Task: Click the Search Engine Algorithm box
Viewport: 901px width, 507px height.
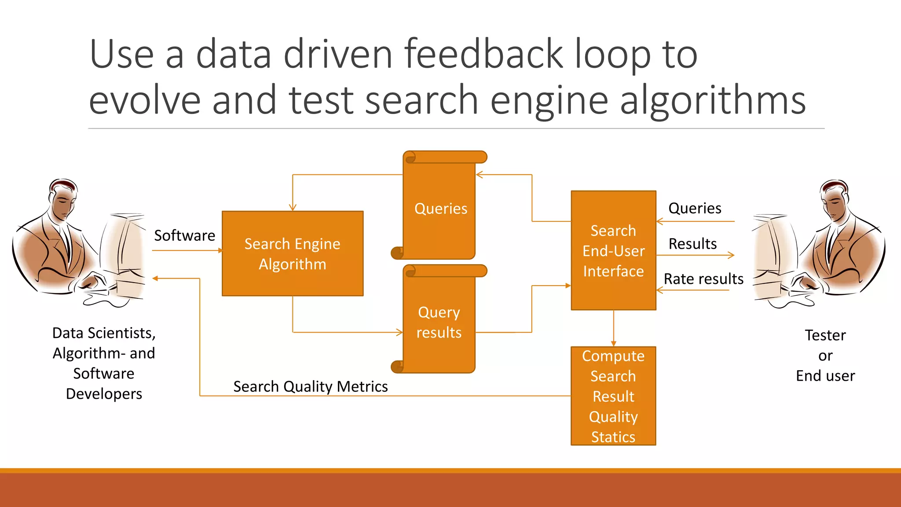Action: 293,253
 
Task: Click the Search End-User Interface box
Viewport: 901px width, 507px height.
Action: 613,250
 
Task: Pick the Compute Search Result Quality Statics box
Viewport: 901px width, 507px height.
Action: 613,396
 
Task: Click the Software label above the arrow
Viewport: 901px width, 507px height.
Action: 184,235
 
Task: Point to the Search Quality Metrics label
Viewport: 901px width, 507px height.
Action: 310,386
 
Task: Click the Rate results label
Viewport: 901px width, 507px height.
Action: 703,279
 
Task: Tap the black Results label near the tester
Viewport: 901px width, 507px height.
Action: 692,244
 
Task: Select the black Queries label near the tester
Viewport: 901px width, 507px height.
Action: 695,208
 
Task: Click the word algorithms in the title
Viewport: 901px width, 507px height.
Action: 713,100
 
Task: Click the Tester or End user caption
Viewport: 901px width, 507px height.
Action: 825,355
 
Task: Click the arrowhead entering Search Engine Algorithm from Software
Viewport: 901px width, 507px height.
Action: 221,250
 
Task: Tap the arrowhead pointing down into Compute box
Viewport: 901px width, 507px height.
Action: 613,344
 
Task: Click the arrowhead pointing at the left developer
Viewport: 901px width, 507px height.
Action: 155,278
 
